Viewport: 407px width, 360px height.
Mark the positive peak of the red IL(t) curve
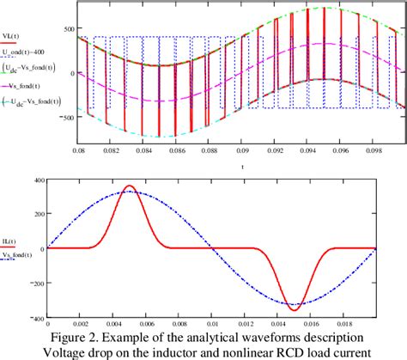point(129,186)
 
